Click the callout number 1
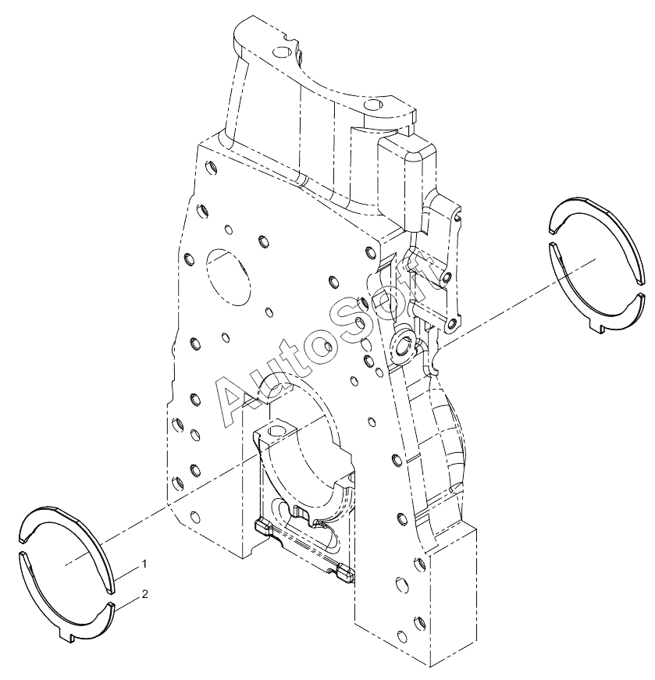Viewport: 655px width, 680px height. (144, 564)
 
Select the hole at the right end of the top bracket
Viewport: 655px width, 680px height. (372, 104)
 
